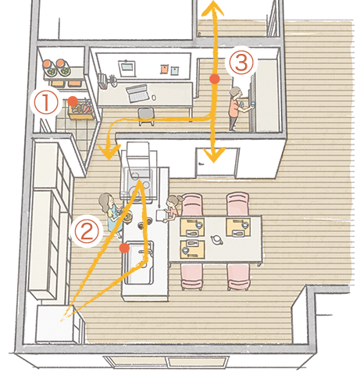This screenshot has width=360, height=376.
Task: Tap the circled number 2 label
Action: click(86, 231)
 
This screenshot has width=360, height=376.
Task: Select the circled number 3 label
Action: click(241, 62)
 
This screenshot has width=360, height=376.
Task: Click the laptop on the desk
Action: click(137, 93)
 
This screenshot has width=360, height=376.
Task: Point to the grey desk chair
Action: click(146, 116)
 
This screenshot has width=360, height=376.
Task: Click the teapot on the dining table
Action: click(216, 239)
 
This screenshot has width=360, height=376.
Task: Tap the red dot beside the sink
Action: click(124, 248)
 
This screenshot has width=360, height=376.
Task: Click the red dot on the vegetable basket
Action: click(73, 101)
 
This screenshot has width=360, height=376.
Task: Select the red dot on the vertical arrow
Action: click(214, 79)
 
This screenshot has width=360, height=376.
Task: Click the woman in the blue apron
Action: click(114, 215)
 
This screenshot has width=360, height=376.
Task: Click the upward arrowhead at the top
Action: click(213, 8)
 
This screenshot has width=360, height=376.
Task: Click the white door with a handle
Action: click(217, 163)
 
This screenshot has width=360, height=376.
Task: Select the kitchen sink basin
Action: click(138, 263)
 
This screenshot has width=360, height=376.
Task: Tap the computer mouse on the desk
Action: click(154, 98)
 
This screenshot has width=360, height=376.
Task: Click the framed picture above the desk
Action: click(127, 69)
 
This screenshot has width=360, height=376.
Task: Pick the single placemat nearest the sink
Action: click(192, 249)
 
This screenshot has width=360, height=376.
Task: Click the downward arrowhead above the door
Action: click(213, 155)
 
